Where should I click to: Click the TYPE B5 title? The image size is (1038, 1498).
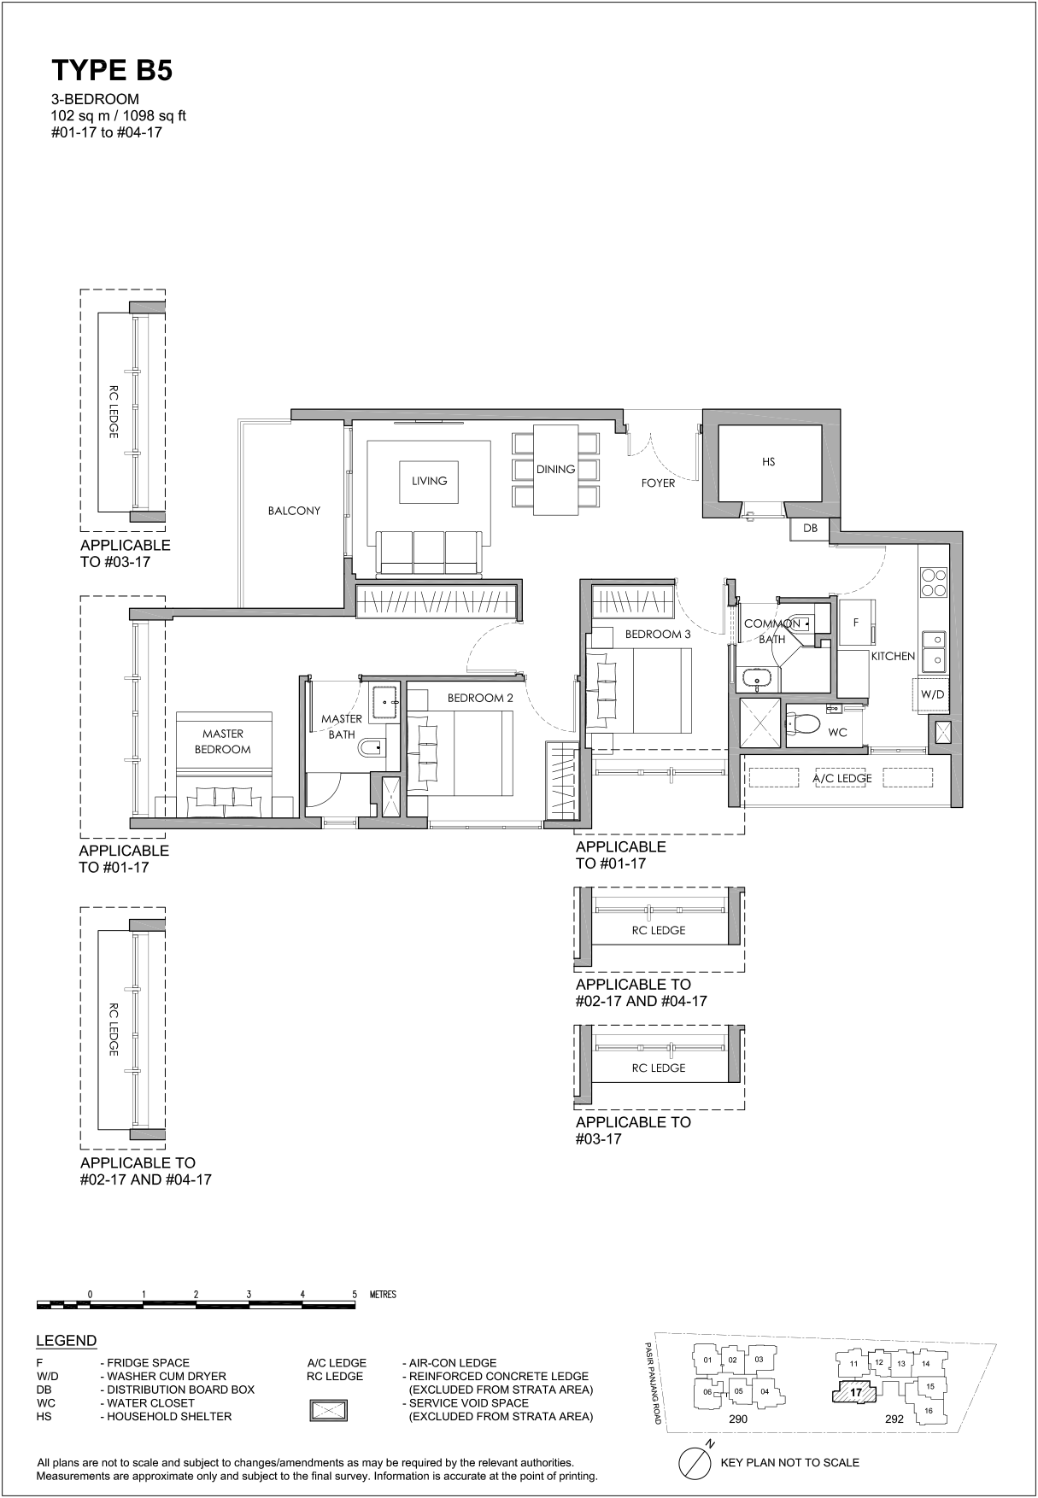point(112,71)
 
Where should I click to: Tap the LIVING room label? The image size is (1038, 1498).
point(429,481)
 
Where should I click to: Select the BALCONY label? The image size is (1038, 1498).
point(294,511)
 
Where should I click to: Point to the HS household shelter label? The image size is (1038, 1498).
point(768,461)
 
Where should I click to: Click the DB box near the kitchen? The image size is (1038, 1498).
point(810,529)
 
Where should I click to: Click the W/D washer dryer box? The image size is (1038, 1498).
point(932,694)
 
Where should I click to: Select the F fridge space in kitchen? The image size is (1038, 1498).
point(856,623)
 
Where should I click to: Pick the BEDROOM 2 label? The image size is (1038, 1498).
point(480,698)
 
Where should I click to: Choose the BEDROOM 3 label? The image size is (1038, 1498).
point(657,635)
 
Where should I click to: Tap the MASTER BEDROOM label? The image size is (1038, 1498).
point(223,741)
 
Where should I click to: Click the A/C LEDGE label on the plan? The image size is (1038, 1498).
point(842,778)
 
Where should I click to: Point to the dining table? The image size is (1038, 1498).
point(556,470)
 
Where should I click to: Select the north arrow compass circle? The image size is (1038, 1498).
point(695,1462)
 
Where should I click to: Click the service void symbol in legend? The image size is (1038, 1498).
point(328,1409)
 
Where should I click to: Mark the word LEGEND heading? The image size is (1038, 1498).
point(66,1341)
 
